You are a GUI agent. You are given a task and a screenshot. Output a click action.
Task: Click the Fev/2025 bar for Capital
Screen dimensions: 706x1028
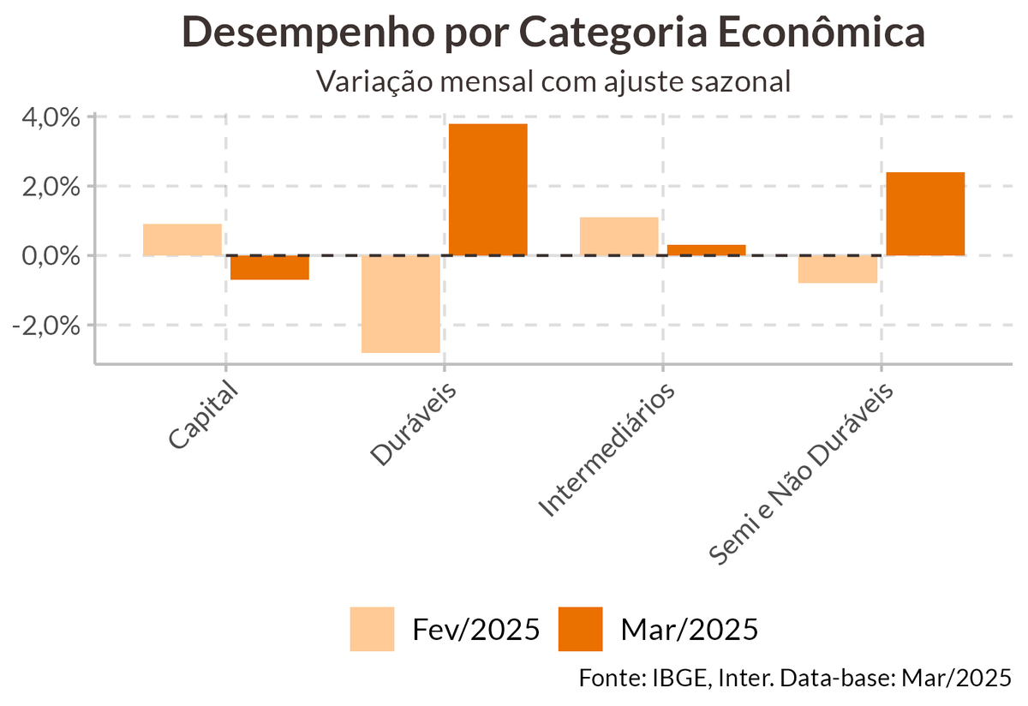coord(182,239)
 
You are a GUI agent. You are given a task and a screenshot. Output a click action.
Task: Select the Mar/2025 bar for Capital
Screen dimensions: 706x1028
coord(270,267)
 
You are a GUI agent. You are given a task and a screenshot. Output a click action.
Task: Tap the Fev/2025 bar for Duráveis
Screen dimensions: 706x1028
coord(401,303)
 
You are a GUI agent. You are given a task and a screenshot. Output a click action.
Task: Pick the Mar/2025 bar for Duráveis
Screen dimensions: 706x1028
coord(488,189)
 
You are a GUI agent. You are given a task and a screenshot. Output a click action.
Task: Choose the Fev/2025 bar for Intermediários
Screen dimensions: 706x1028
coord(619,236)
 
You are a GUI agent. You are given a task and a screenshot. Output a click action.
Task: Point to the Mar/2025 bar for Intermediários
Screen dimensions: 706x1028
coord(707,250)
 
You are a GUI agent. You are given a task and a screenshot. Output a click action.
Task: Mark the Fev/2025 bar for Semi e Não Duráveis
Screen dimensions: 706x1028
coord(838,269)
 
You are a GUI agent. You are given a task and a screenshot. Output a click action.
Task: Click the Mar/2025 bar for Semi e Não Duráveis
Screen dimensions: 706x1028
coord(925,213)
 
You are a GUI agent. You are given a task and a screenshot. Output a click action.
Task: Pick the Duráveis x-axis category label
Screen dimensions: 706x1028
coord(414,425)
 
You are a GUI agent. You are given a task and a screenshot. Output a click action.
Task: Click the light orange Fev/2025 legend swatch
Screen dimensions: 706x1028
coord(372,629)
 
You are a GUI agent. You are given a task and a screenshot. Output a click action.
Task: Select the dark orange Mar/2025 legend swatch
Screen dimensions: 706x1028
coord(580,629)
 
